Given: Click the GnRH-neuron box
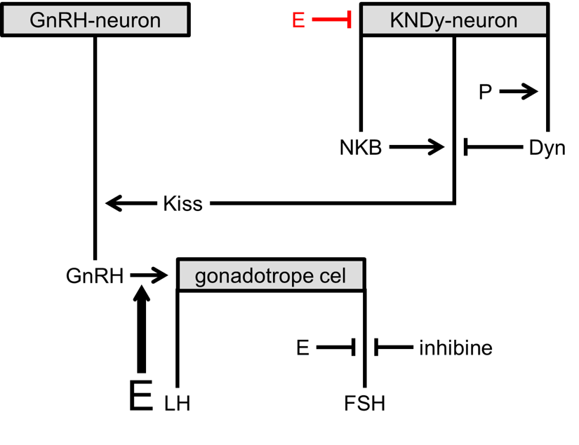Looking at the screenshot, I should [x=95, y=20].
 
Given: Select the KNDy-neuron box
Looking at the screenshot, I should [x=454, y=20].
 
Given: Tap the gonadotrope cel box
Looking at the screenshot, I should [x=271, y=275].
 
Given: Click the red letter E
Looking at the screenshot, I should [x=298, y=21].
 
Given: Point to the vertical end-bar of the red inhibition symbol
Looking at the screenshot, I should [x=349, y=20].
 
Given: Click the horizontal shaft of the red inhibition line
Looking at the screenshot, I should [x=328, y=20].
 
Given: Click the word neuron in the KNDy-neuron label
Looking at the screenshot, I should [x=485, y=20].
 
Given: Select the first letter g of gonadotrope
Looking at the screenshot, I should [x=201, y=278].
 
